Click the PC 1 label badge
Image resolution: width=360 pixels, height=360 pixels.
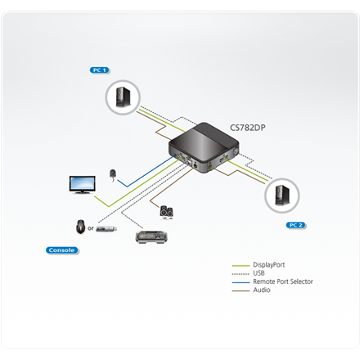tap(99, 70)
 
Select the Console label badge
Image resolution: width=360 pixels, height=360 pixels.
tap(61, 250)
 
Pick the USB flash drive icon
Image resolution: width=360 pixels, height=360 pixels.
tap(106, 228)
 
